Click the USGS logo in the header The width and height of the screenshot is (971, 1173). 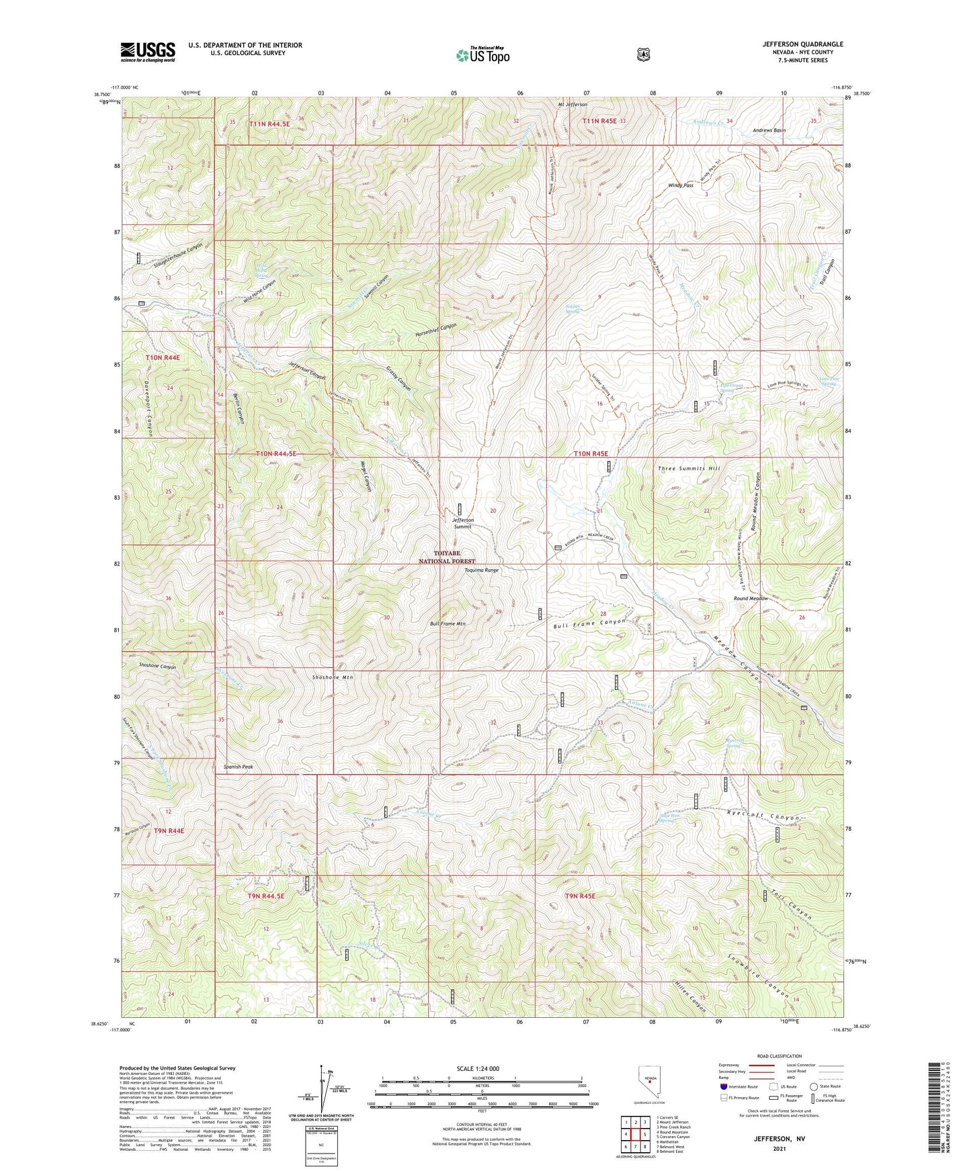coord(148,51)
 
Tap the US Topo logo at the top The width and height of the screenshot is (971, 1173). coord(482,55)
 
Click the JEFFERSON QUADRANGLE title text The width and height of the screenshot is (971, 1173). coord(802,44)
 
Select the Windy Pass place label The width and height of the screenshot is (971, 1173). coord(680,185)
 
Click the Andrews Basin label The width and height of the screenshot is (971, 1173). coord(769,130)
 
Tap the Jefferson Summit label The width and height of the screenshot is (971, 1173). coord(462,523)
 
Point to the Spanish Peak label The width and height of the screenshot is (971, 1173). coord(238,767)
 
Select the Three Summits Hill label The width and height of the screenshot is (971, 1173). coord(688,468)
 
